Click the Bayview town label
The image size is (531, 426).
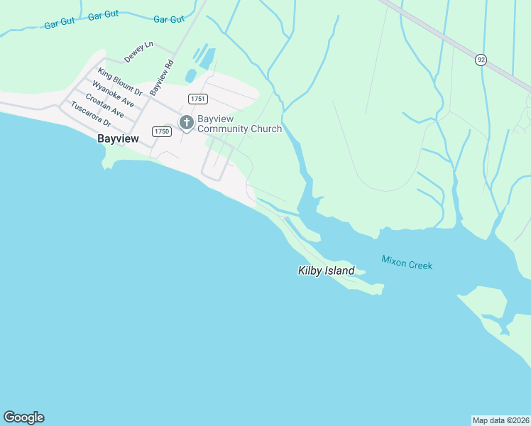(x=118, y=139)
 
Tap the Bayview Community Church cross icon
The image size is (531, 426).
(x=187, y=123)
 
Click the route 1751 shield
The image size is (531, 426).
(x=198, y=98)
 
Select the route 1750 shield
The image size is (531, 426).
(x=162, y=131)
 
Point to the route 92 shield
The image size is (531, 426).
(x=481, y=60)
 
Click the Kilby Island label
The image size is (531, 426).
(x=325, y=271)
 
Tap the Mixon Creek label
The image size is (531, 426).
(x=407, y=263)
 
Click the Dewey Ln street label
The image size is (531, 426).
(x=139, y=50)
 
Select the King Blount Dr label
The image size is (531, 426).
(x=121, y=82)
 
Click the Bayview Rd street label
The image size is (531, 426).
(x=162, y=77)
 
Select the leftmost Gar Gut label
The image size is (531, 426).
(x=60, y=22)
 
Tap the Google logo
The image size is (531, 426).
(x=23, y=417)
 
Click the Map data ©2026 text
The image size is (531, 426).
(x=500, y=420)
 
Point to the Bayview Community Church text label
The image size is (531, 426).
(x=239, y=124)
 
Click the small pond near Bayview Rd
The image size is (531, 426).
(x=190, y=75)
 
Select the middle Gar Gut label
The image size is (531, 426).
(x=104, y=15)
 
